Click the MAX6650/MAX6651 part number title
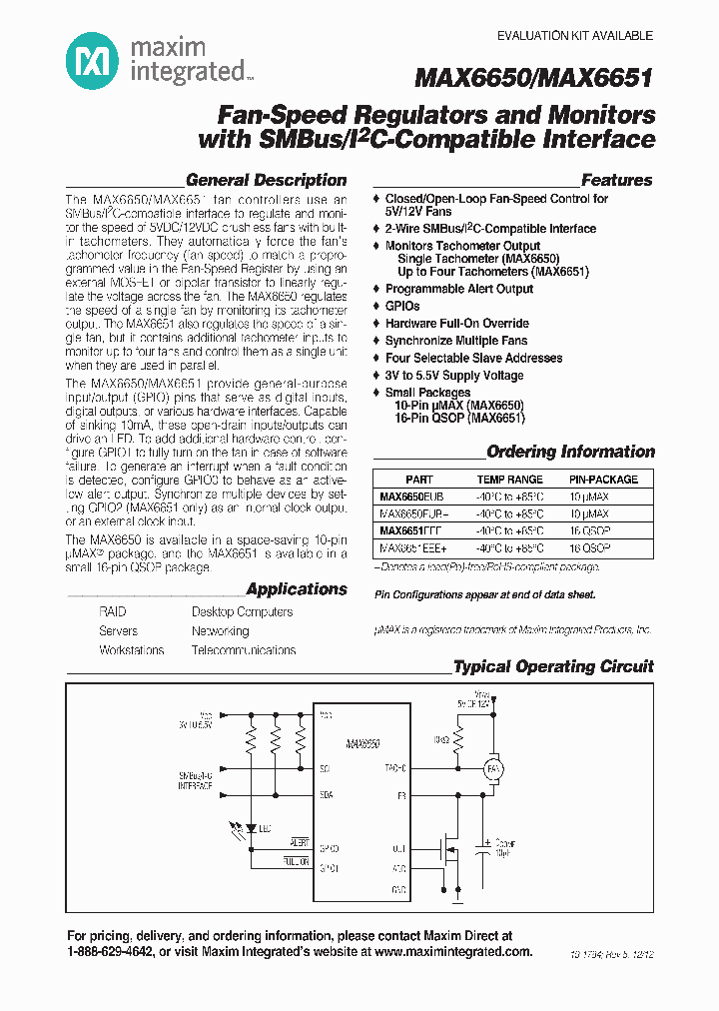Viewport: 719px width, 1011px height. point(534,78)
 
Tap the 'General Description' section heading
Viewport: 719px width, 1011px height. point(266,181)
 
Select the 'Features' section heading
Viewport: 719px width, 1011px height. point(616,181)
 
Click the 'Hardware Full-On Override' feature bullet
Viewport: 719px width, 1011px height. point(456,324)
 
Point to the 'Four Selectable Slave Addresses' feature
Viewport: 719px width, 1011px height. point(473,358)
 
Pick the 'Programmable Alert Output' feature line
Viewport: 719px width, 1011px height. point(458,289)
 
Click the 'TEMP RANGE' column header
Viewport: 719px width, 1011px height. point(509,480)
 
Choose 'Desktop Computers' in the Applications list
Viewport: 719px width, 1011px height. point(242,611)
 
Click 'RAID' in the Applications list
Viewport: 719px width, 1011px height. point(113,611)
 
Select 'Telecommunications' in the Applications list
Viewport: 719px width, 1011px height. point(244,650)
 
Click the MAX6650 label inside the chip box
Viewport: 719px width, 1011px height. point(360,744)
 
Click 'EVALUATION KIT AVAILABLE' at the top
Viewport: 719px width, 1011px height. point(575,36)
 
